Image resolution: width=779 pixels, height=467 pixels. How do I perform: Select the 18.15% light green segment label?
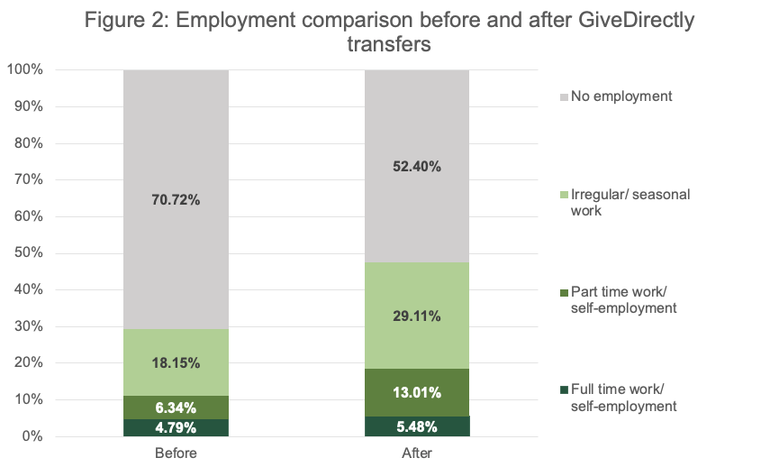pos(176,362)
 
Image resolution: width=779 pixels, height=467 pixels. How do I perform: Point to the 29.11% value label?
pos(417,317)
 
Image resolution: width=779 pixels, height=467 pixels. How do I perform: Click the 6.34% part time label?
pos(176,407)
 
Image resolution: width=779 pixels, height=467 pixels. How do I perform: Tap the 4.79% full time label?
pos(176,427)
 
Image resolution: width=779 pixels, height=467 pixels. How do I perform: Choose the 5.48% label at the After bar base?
pos(417,426)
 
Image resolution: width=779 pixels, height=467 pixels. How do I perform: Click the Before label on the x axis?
pos(176,453)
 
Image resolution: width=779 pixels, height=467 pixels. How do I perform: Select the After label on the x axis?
pos(417,453)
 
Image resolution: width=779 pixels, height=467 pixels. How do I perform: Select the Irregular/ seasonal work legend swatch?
pos(563,195)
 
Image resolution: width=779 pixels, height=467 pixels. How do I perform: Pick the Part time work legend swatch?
pos(563,292)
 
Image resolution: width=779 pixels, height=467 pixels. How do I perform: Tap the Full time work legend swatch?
pos(563,389)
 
